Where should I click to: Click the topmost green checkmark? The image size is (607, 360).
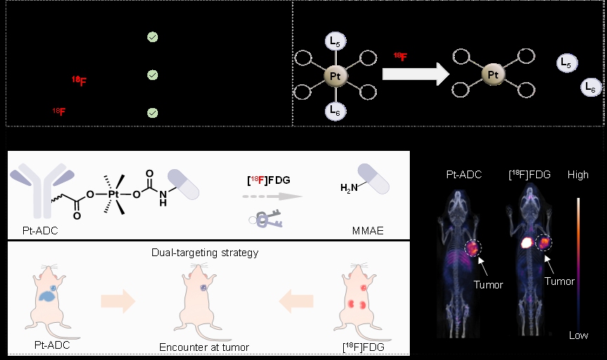pos(152,37)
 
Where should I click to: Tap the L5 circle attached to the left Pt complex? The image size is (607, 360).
pos(335,42)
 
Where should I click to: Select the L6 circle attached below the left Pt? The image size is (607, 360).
pos(335,109)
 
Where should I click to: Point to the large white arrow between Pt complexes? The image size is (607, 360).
pos(415,74)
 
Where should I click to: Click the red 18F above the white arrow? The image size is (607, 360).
pos(400,56)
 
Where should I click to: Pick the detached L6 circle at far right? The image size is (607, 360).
pos(590,88)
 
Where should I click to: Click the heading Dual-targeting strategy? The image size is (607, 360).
pos(204,252)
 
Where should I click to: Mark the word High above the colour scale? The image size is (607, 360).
pos(578,175)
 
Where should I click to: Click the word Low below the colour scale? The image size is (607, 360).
pos(578,335)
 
